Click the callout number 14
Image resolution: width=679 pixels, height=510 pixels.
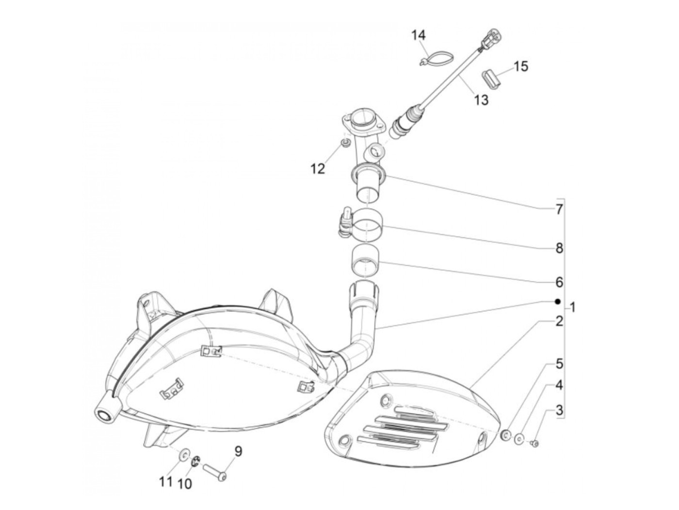pos(418,35)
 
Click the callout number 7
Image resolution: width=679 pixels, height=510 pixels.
pos(559,210)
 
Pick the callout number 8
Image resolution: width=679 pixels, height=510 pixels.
pos(559,248)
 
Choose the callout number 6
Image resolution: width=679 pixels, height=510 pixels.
pos(559,282)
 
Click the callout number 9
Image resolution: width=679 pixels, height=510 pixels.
pos(238,452)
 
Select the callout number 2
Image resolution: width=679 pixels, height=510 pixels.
pos(559,321)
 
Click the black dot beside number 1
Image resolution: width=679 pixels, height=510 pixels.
pos(558,301)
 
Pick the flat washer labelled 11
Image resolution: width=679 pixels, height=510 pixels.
pos(185,454)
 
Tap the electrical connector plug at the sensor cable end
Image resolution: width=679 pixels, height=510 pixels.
pos(492,38)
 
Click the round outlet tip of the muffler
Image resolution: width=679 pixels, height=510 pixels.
pos(104,414)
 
